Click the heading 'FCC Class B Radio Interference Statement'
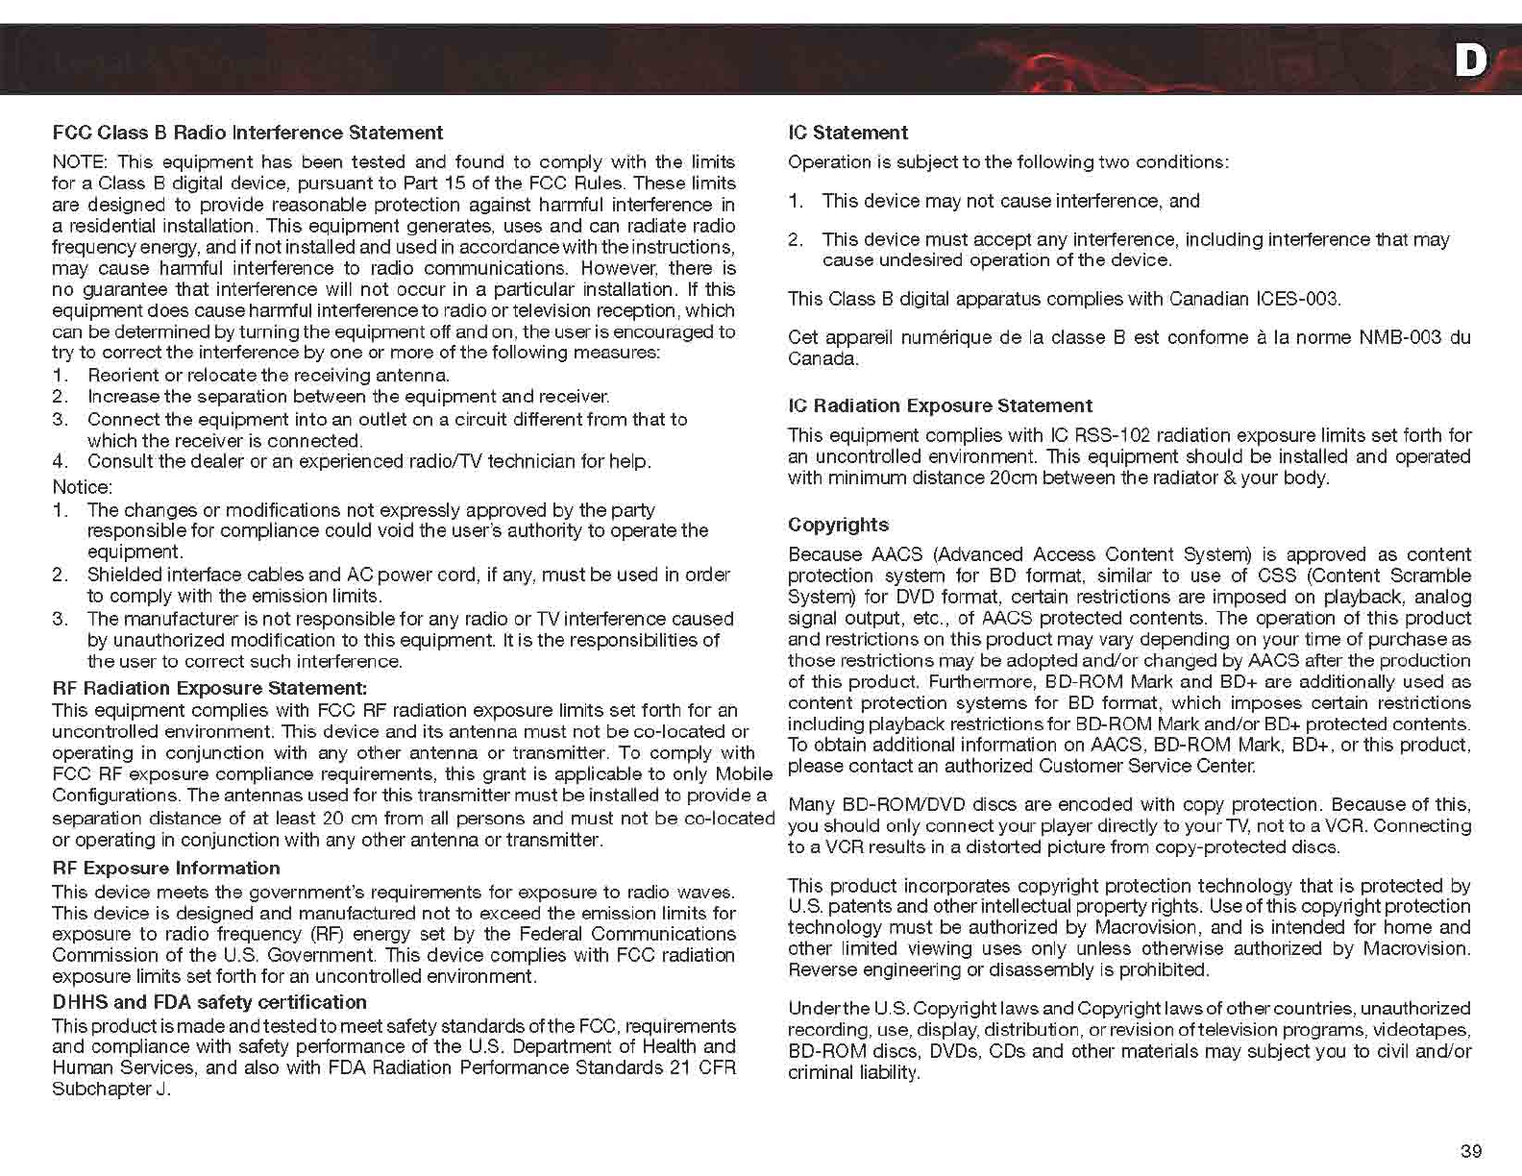[247, 133]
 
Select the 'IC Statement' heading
[847, 133]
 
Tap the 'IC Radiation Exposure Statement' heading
[940, 405]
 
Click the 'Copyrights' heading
[838, 525]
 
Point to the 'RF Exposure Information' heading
[165, 868]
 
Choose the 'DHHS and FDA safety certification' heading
[209, 1002]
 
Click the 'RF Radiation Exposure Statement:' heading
[209, 688]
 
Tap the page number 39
[1470, 1151]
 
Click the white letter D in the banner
[1470, 61]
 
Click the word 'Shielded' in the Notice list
[123, 575]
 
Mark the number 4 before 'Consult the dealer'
[59, 461]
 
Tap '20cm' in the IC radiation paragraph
[1012, 478]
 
